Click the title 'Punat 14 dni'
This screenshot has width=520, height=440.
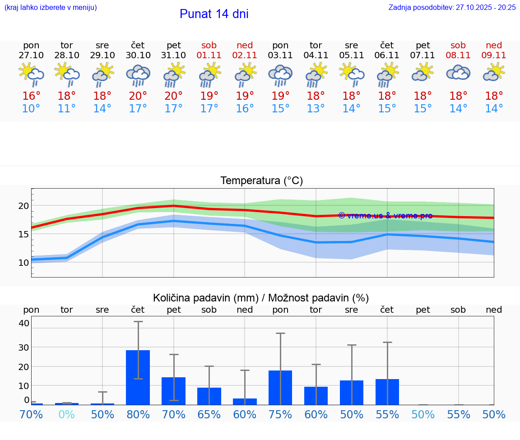click(x=214, y=14)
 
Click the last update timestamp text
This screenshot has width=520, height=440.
click(x=452, y=7)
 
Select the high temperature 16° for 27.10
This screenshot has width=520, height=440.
click(x=31, y=96)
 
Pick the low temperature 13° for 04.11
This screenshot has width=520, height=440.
click(x=316, y=109)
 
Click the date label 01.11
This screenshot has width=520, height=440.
click(x=209, y=55)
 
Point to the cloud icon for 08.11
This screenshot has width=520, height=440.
click(x=458, y=73)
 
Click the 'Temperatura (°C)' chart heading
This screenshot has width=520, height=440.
click(x=261, y=181)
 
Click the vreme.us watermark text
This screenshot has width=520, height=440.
click(x=385, y=216)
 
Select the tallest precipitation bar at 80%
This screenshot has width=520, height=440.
click(x=138, y=377)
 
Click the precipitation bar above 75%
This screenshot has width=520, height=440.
click(x=280, y=387)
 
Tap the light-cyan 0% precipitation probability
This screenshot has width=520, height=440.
click(x=67, y=414)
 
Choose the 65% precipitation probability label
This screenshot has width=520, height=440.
click(x=209, y=414)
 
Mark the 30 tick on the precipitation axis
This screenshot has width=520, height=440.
click(x=23, y=347)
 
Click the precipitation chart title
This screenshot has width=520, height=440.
click(x=261, y=298)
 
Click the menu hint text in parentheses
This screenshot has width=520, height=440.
click(x=50, y=7)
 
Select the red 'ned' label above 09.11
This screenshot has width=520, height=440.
click(x=494, y=45)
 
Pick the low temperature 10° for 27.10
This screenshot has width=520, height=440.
click(x=31, y=109)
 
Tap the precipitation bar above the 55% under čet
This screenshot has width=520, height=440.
click(x=387, y=392)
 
